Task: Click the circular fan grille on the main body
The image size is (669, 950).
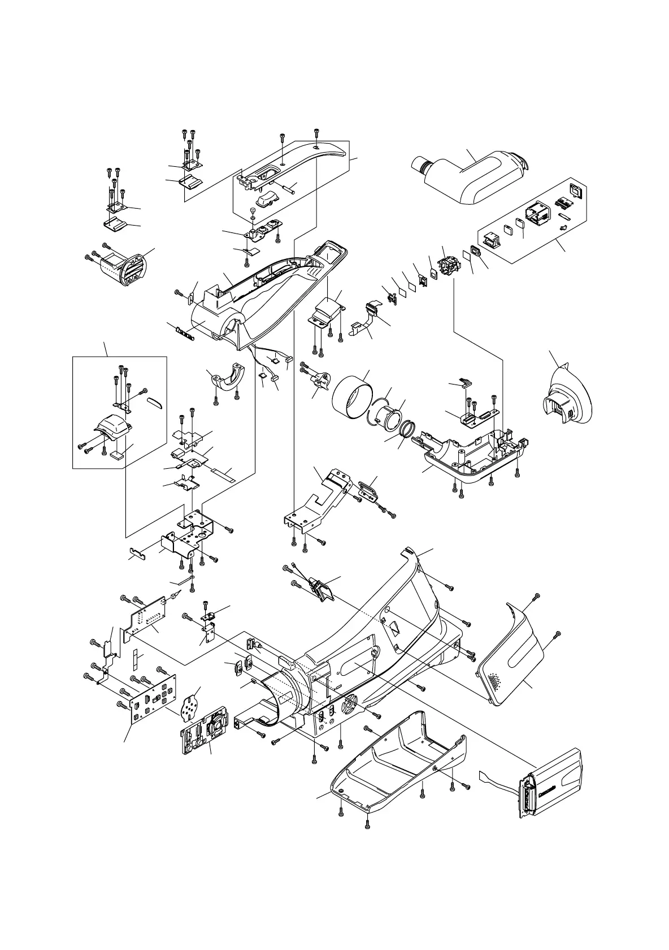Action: click(350, 705)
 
